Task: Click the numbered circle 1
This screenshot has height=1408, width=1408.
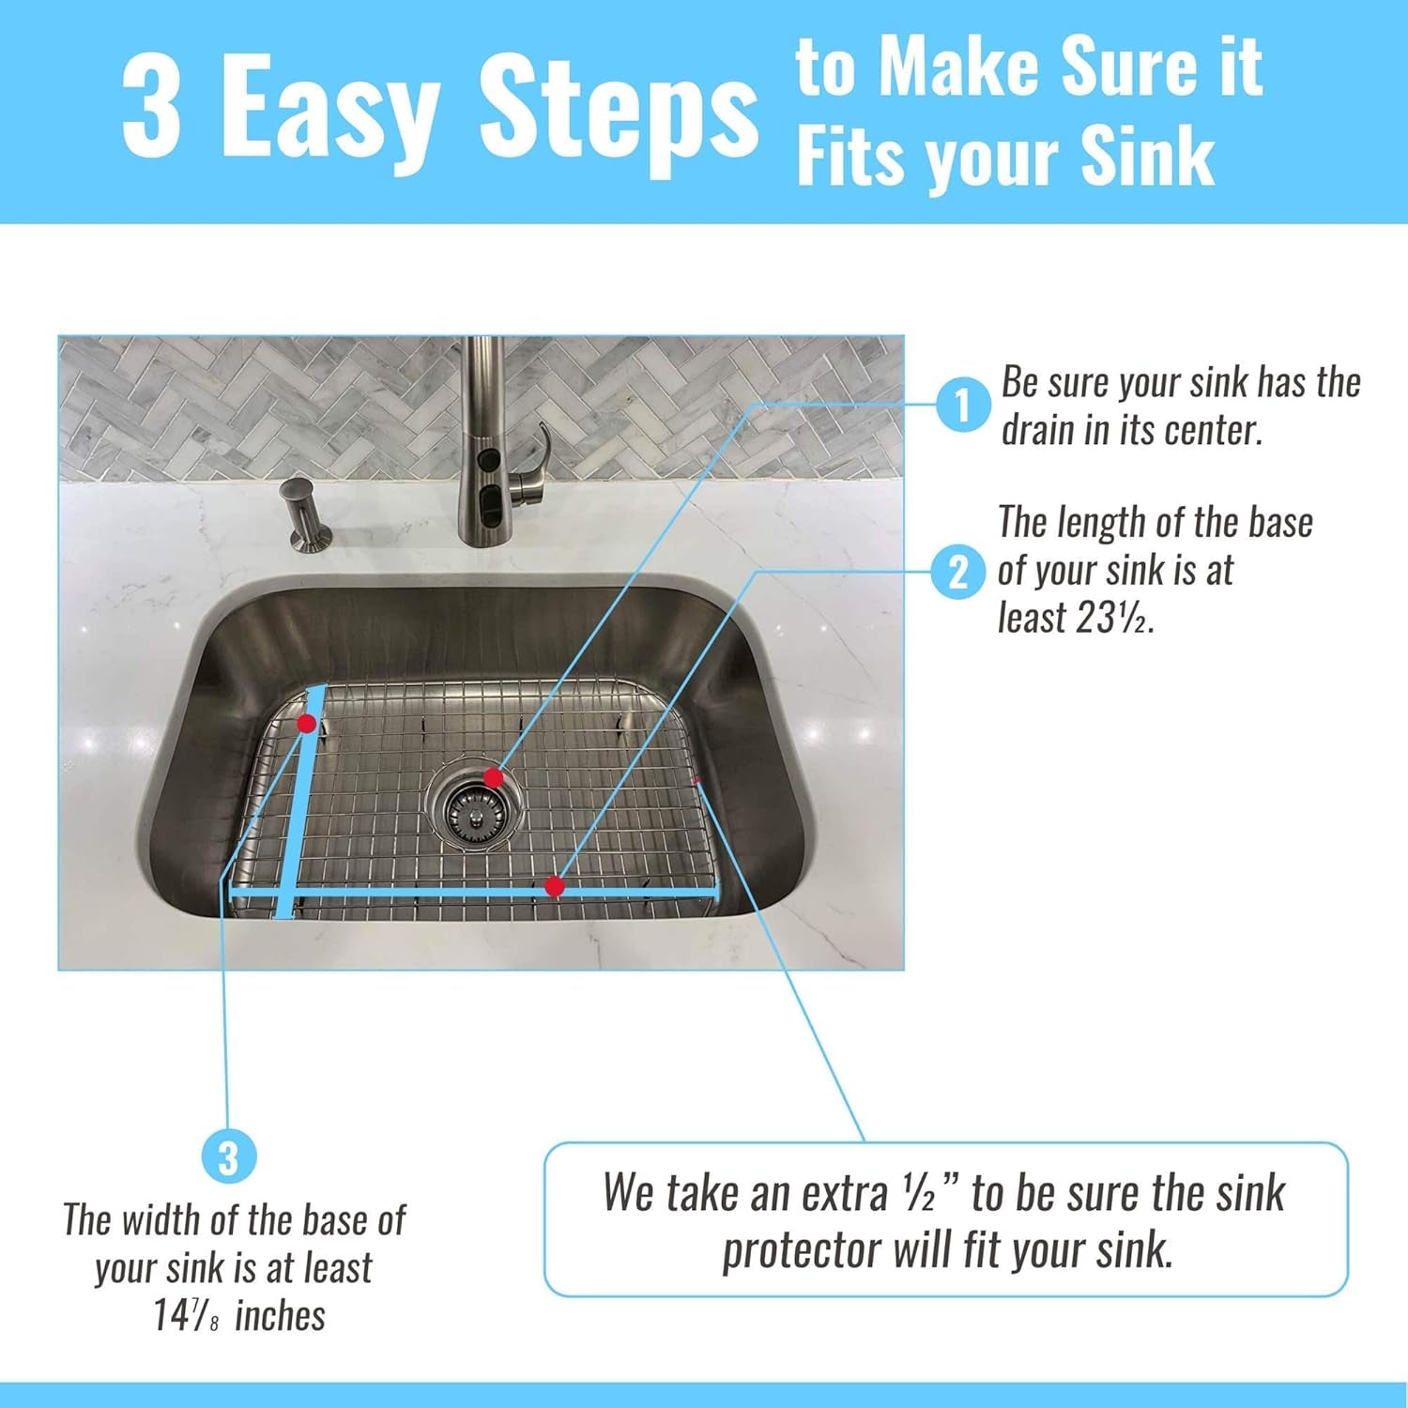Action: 962,406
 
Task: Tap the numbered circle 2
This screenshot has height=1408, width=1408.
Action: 957,572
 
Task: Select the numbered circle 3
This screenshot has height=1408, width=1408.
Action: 228,1157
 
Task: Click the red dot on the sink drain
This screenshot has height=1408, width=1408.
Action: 493,777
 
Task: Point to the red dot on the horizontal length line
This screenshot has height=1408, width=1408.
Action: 555,886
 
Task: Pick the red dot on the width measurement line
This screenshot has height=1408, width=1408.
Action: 306,723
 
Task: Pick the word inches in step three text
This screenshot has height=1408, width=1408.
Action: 280,1316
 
